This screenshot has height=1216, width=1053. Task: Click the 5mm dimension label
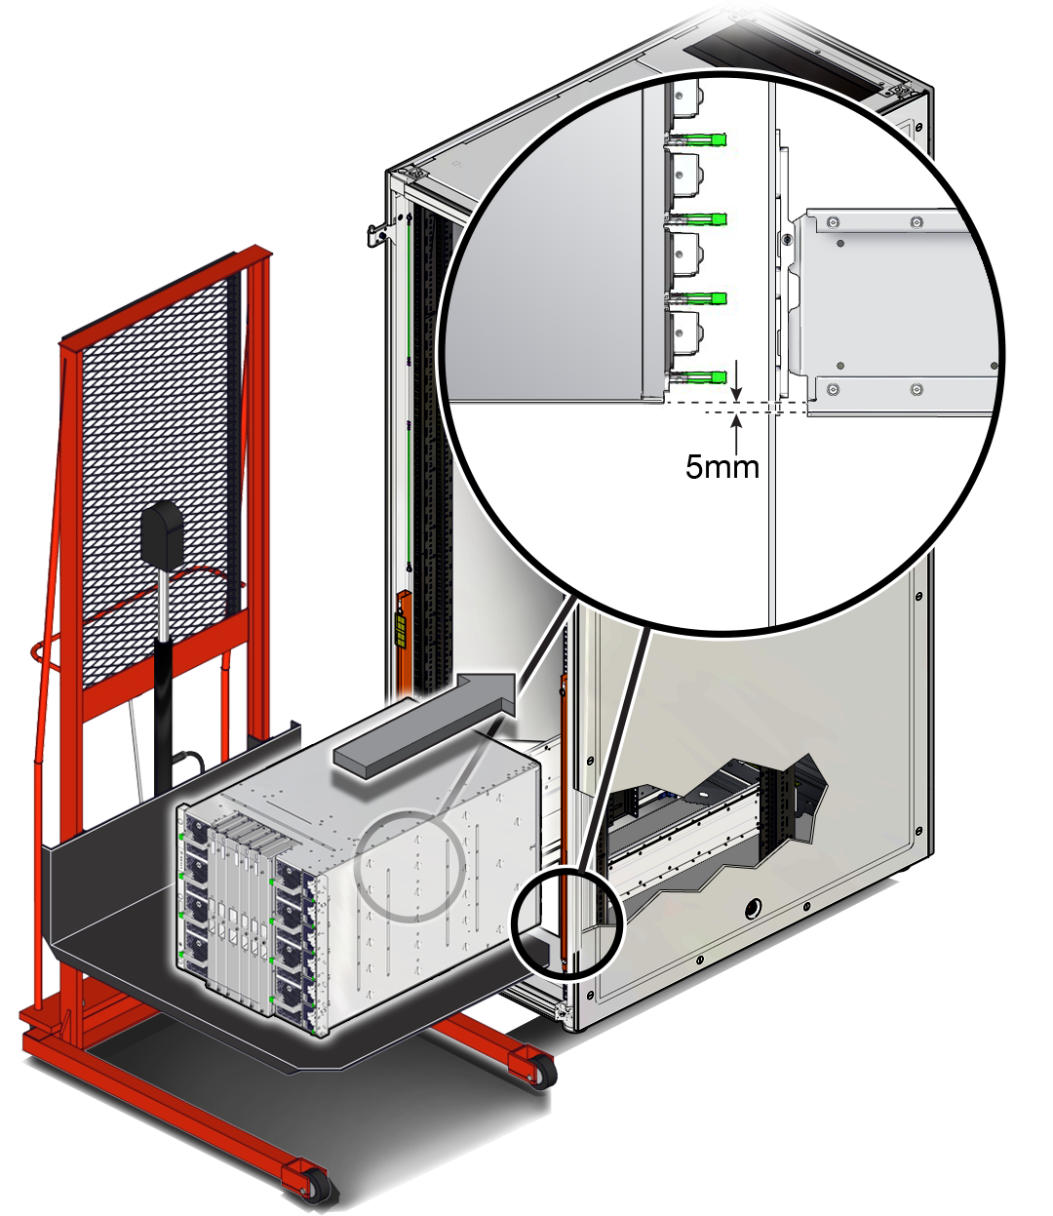721,466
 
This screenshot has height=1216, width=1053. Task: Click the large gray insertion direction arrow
429,721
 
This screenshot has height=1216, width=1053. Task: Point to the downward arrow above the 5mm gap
737,379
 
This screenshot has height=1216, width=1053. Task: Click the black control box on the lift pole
162,535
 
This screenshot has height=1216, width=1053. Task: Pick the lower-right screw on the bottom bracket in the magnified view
916,390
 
